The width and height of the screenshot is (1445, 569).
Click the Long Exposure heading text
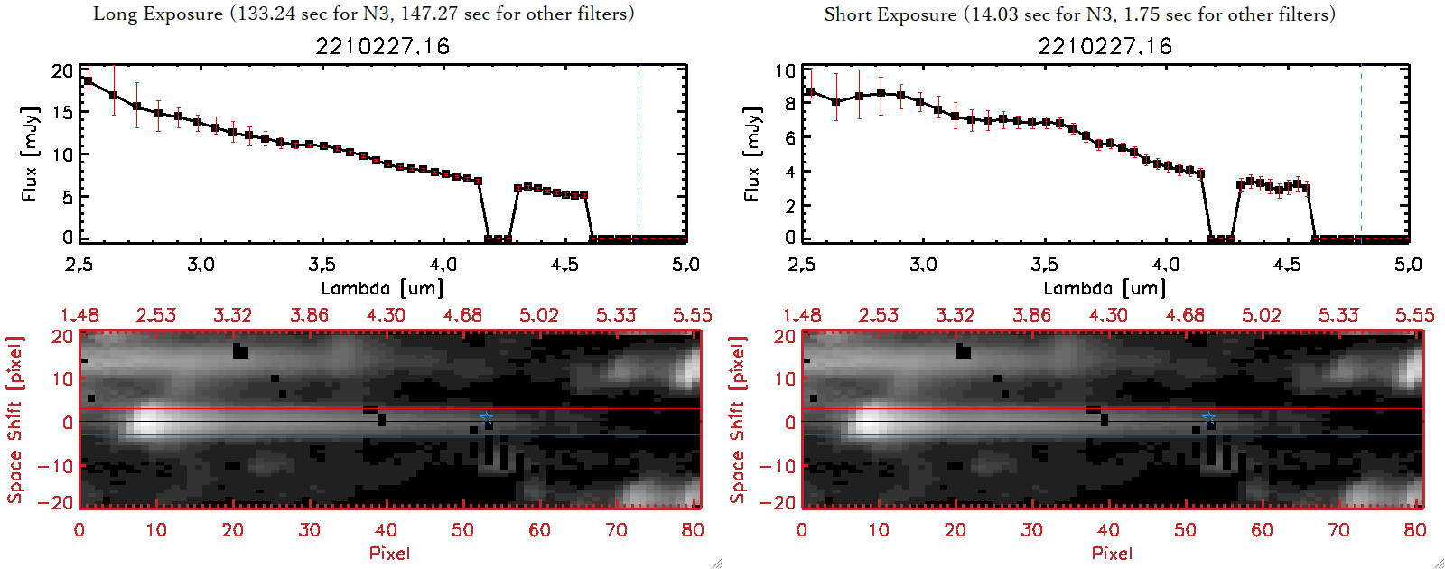pyautogui.click(x=363, y=14)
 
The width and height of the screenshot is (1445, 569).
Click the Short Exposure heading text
pyautogui.click(x=1079, y=14)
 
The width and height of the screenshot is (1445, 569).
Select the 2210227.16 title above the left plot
pyautogui.click(x=382, y=46)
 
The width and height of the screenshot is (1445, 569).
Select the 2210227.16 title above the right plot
pyautogui.click(x=1105, y=46)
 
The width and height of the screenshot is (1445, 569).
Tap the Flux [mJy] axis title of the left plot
pyautogui.click(x=31, y=154)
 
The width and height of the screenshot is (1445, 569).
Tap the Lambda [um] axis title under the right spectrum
pyautogui.click(x=1105, y=288)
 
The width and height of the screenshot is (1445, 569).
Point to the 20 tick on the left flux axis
pyautogui.click(x=62, y=70)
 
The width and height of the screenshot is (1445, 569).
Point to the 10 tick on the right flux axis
pyautogui.click(x=785, y=70)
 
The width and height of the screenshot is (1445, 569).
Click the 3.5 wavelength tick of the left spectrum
pyautogui.click(x=322, y=265)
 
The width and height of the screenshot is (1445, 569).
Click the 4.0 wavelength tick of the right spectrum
pyautogui.click(x=1166, y=265)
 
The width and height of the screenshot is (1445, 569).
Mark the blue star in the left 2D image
pyautogui.click(x=487, y=416)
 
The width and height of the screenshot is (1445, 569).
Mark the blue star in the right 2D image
pyautogui.click(x=1209, y=416)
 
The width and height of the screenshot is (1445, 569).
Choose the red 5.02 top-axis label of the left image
pyautogui.click(x=539, y=315)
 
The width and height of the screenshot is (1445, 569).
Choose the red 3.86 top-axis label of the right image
pyautogui.click(x=1031, y=315)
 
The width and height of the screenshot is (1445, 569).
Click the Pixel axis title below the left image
pyautogui.click(x=389, y=553)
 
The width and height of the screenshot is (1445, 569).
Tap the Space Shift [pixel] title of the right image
pyautogui.click(x=738, y=420)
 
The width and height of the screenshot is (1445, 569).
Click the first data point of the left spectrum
pyautogui.click(x=88, y=81)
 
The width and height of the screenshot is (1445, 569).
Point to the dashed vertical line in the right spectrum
pyautogui.click(x=1361, y=154)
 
